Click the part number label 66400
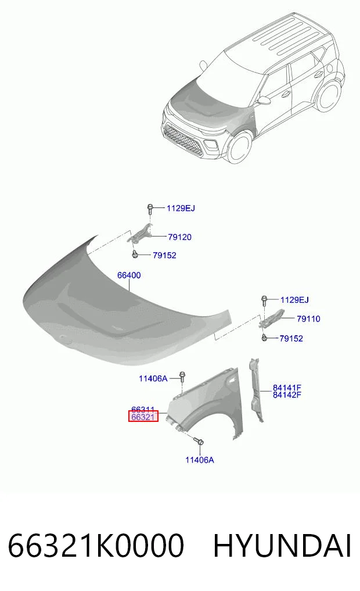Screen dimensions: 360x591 (129, 275)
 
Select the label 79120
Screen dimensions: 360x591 (179, 237)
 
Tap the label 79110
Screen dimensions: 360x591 (308, 319)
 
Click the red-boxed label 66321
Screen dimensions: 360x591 (143, 417)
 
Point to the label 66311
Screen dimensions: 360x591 (143, 409)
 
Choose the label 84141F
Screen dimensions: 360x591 (287, 388)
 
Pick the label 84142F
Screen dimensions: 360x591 (287, 395)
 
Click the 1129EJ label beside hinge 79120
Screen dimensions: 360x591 (181, 208)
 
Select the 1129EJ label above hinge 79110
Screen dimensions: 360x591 (294, 300)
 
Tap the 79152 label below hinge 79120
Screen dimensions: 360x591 (164, 255)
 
